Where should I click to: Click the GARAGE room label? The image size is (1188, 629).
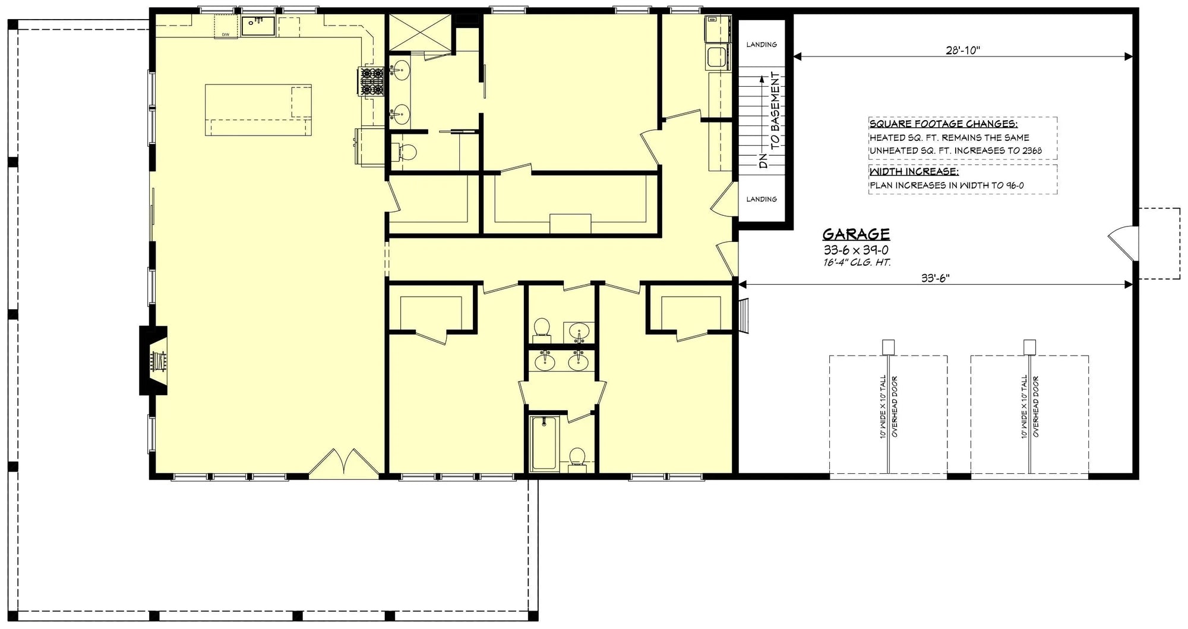(856, 234)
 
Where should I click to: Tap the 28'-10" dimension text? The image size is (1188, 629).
(963, 51)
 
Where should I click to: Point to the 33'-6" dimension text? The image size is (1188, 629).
(936, 278)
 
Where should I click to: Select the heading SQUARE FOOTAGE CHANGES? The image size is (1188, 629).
(943, 124)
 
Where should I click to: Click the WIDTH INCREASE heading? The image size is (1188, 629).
(914, 172)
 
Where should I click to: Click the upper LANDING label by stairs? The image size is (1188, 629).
(762, 45)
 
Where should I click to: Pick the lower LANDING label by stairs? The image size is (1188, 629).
(762, 199)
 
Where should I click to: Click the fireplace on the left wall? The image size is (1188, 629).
(154, 360)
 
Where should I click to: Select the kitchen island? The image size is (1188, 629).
(258, 110)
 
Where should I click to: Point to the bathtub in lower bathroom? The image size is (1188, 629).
(544, 443)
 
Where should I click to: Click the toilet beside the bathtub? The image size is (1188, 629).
(577, 458)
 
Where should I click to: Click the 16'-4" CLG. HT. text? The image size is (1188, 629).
(856, 262)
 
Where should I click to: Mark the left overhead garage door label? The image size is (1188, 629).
(888, 407)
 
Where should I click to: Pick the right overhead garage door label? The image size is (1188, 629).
(1029, 407)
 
